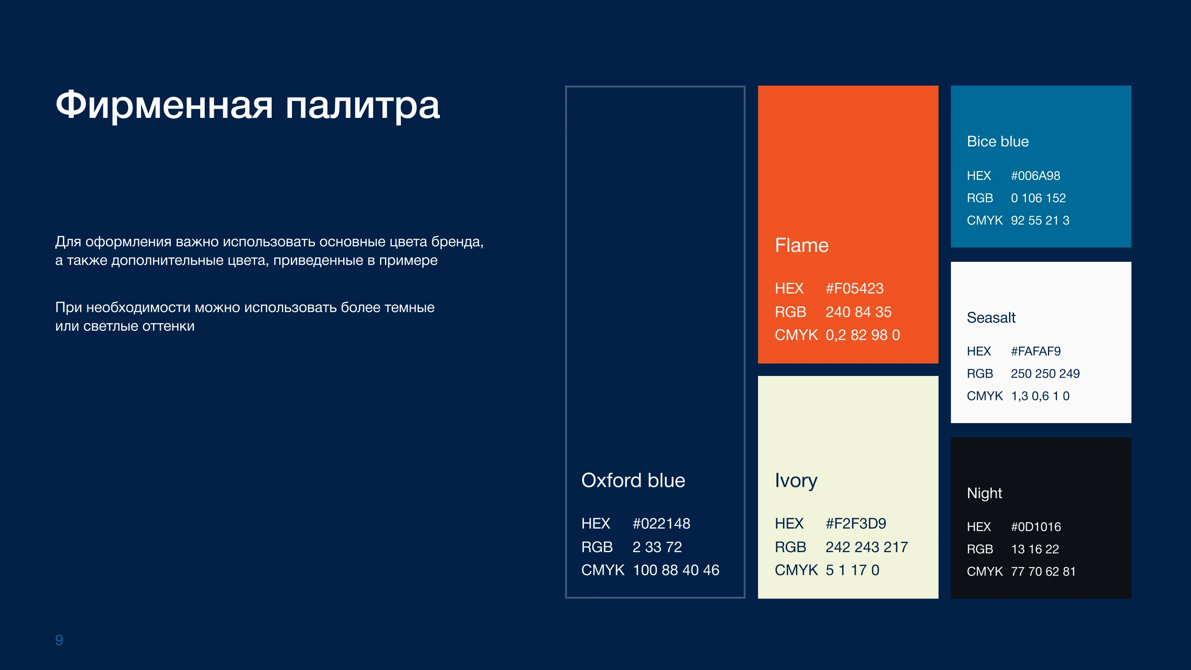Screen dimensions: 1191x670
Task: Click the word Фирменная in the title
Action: (164, 105)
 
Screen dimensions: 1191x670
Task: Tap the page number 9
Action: (59, 640)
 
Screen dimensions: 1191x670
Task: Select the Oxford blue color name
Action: (633, 481)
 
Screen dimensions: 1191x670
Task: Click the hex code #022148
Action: (661, 524)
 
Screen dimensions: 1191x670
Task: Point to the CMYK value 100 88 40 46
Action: (676, 570)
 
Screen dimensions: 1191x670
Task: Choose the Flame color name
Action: (802, 245)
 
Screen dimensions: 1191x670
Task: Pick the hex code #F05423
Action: (854, 289)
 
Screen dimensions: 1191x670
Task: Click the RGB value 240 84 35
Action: (859, 312)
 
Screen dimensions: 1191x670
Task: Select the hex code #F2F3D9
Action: (856, 524)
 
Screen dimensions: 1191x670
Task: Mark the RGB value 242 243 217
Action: (867, 547)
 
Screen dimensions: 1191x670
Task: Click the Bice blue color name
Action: (998, 141)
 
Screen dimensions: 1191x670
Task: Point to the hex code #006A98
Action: (1035, 176)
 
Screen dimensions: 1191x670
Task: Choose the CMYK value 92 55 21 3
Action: (1040, 220)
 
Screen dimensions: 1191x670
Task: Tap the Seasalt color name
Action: (991, 318)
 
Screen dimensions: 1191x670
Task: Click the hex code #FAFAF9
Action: (1036, 352)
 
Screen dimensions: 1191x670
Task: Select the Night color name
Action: (984, 494)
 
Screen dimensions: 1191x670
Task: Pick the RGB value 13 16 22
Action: (1035, 549)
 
